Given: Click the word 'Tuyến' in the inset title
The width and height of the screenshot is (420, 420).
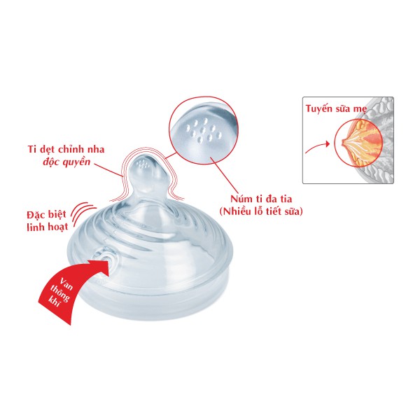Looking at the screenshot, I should [x=319, y=109].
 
